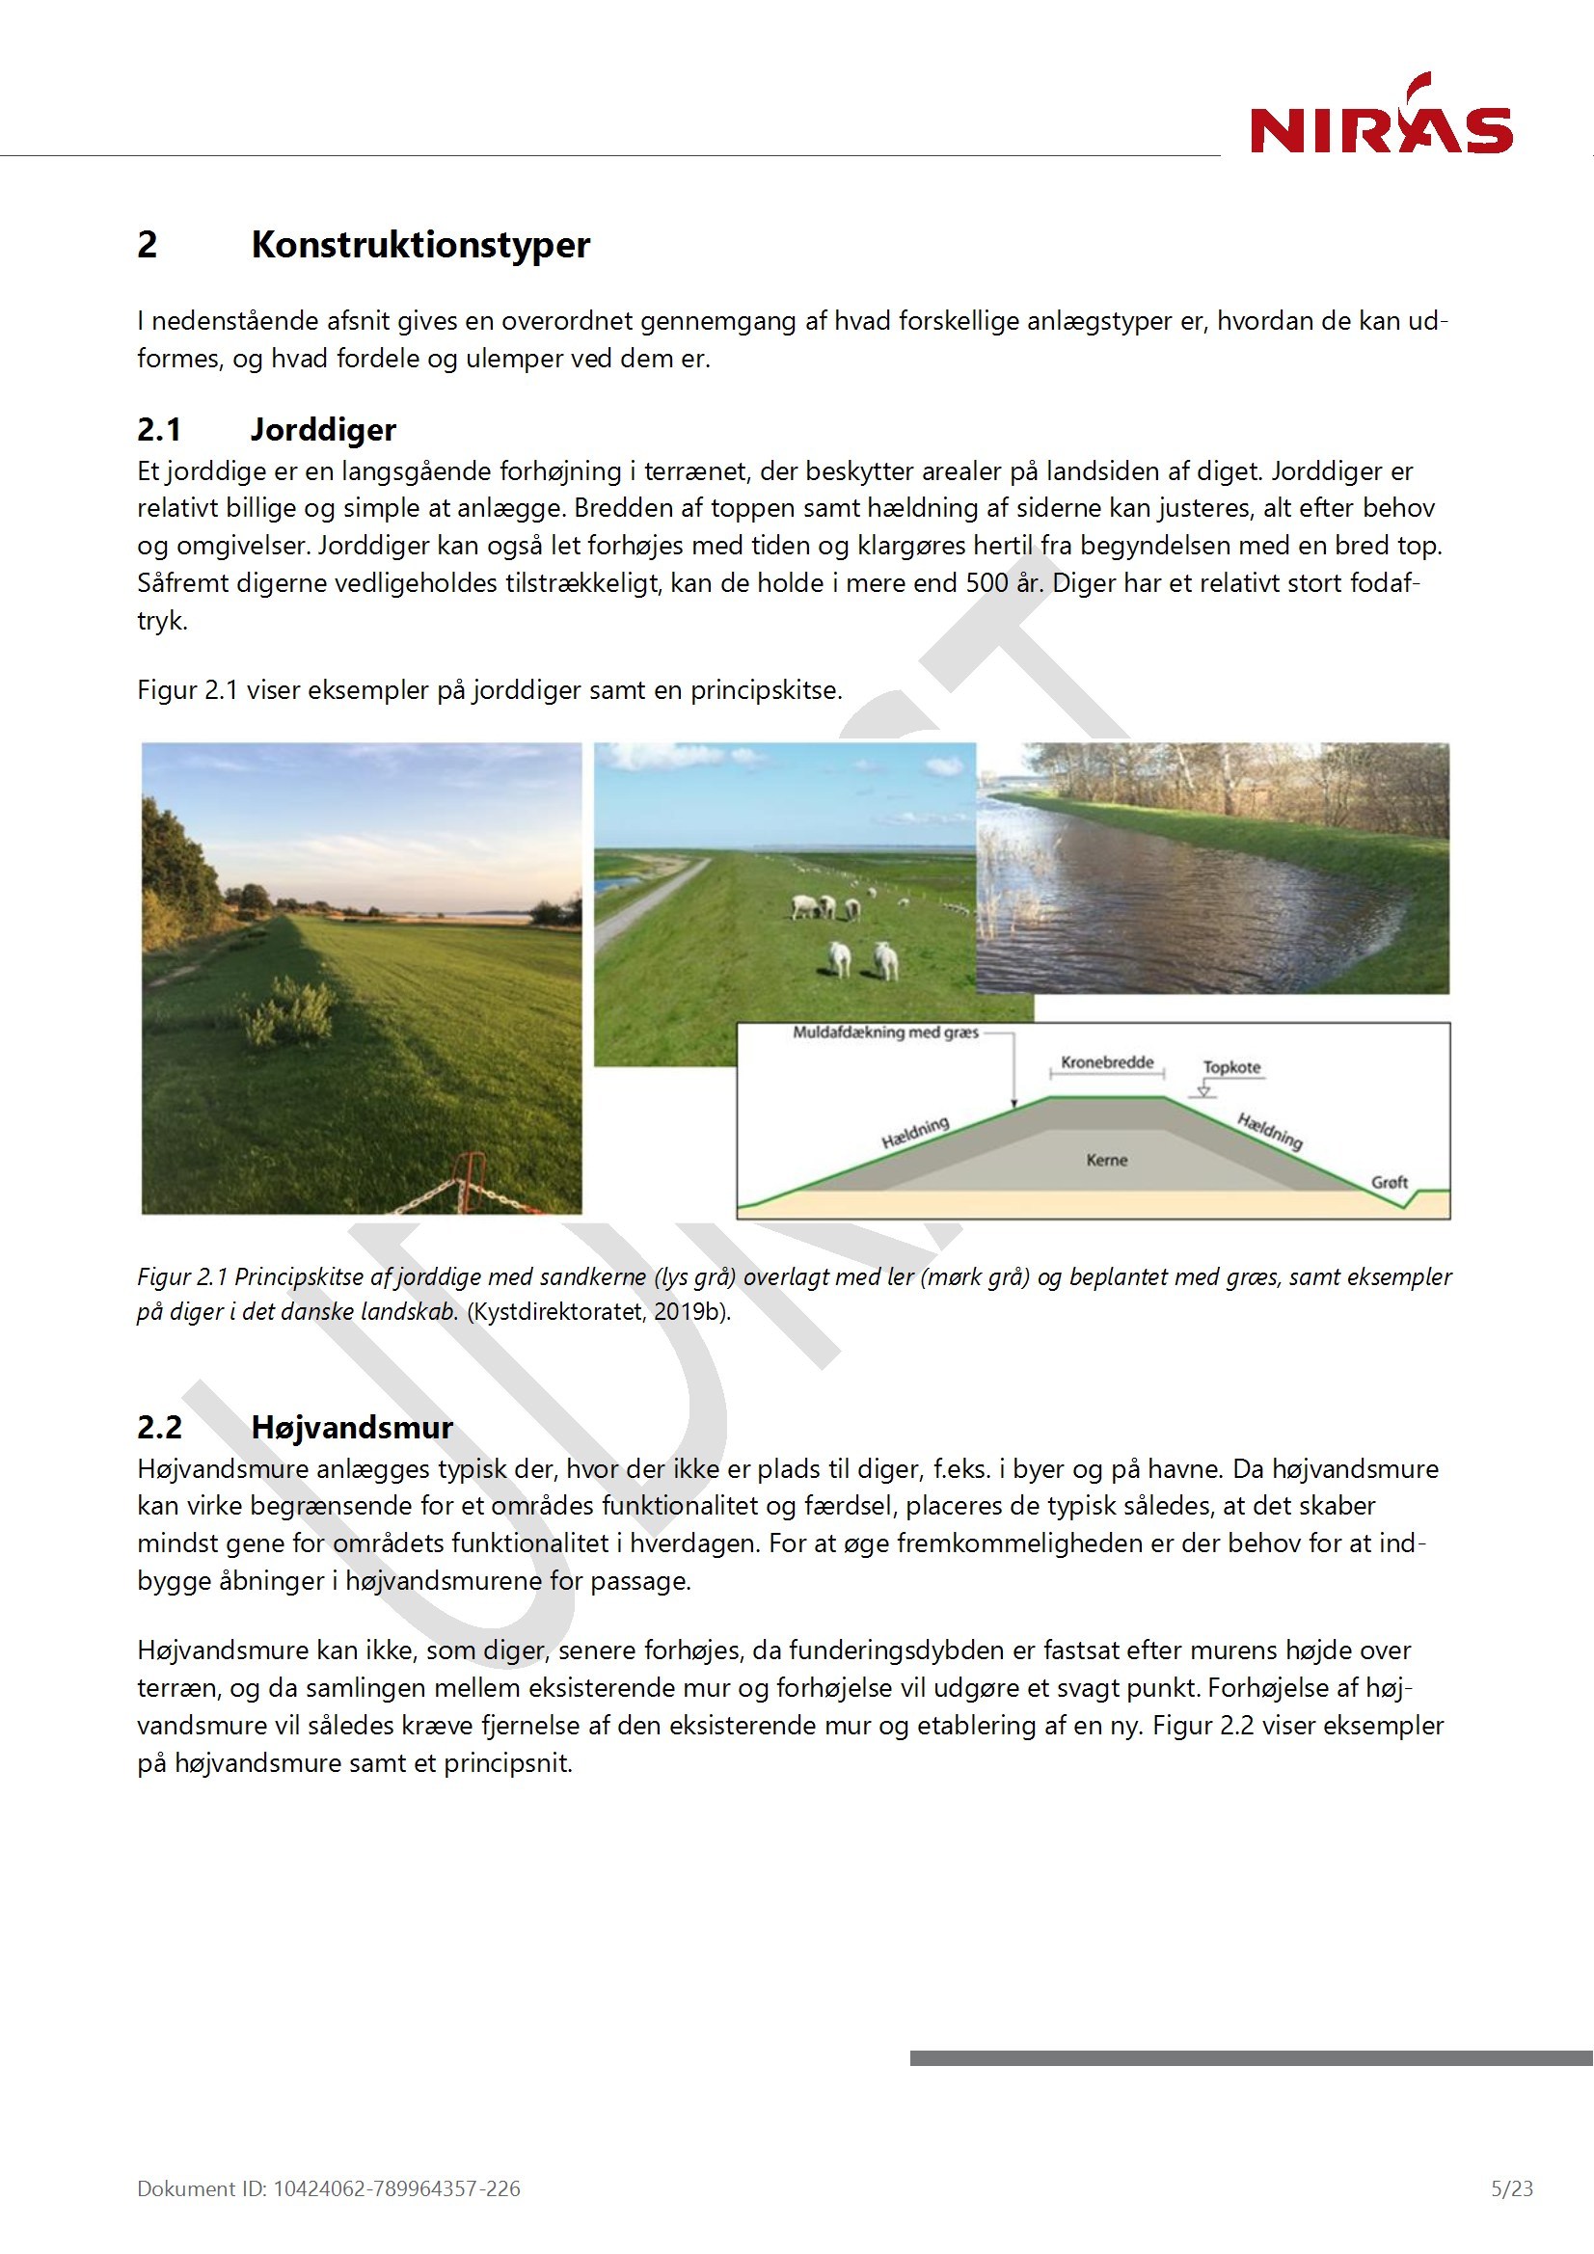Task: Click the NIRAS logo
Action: [1380, 118]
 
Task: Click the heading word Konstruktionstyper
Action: [420, 245]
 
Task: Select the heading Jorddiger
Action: [323, 430]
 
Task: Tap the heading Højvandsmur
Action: [352, 1428]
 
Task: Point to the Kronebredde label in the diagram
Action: [1107, 1062]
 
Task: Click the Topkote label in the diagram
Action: [1231, 1067]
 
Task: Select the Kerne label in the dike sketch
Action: [1107, 1161]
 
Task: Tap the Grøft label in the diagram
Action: [1390, 1182]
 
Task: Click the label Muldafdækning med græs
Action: [886, 1033]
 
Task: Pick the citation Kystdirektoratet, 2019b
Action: [597, 1311]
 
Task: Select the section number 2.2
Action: [159, 1428]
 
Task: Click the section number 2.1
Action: [159, 430]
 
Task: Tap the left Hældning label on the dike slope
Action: [915, 1133]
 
